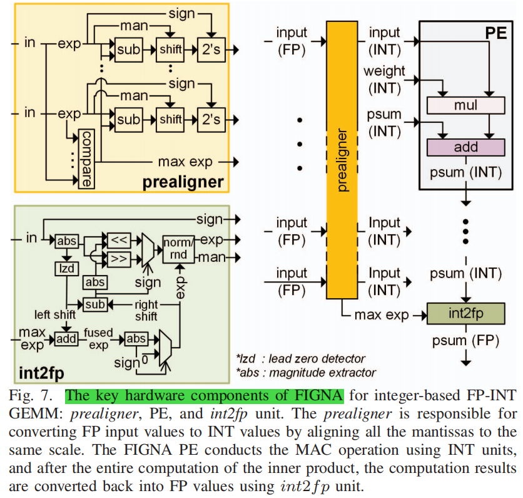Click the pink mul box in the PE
[465, 105]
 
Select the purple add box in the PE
[465, 147]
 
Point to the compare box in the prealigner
[86, 159]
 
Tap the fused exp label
[98, 339]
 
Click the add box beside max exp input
[65, 339]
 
